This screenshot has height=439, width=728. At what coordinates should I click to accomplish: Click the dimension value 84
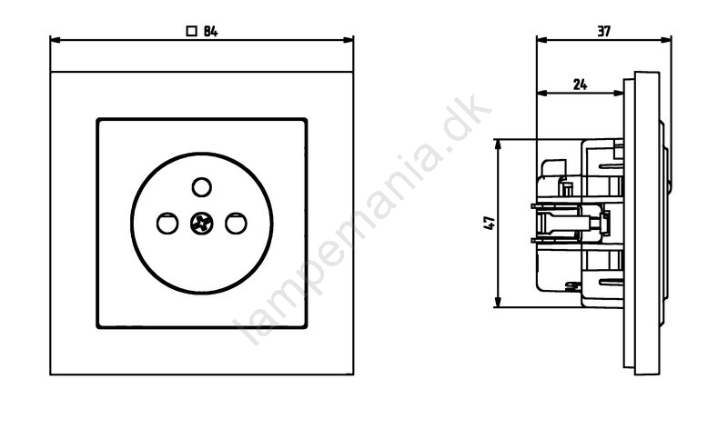pyautogui.click(x=210, y=32)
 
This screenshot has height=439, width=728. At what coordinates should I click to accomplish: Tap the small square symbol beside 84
pyautogui.click(x=191, y=32)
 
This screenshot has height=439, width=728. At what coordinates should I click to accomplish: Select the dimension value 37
pyautogui.click(x=603, y=32)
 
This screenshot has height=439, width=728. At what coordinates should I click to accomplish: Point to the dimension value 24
pyautogui.click(x=580, y=85)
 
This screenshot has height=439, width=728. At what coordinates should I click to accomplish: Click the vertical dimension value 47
pyautogui.click(x=490, y=223)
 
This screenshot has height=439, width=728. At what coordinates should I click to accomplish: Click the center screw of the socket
pyautogui.click(x=201, y=224)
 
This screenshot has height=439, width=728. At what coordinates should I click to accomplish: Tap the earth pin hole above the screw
pyautogui.click(x=201, y=187)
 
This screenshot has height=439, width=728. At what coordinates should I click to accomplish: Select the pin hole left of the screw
pyautogui.click(x=167, y=224)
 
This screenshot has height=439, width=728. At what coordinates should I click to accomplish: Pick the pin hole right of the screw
pyautogui.click(x=236, y=224)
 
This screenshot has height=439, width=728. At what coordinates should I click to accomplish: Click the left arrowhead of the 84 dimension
pyautogui.click(x=55, y=40)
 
